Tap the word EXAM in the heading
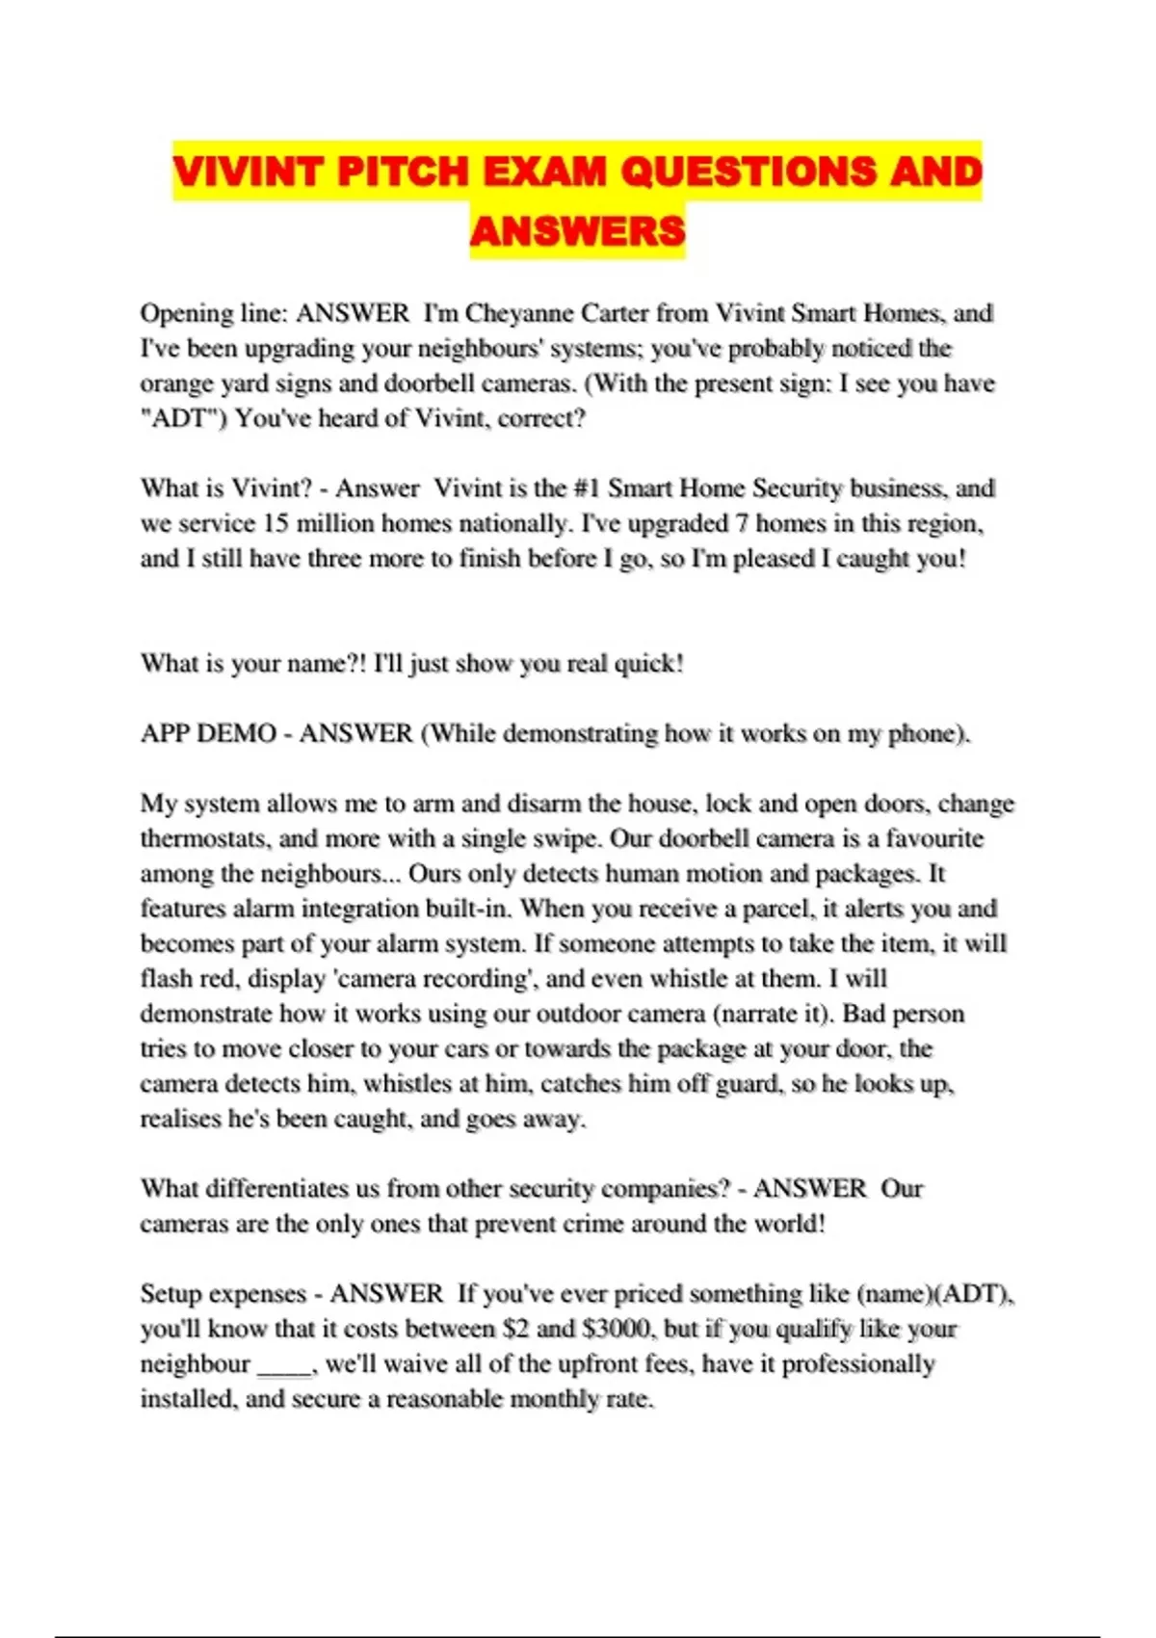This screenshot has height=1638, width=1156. [x=544, y=172]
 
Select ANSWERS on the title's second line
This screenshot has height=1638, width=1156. [x=577, y=230]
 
